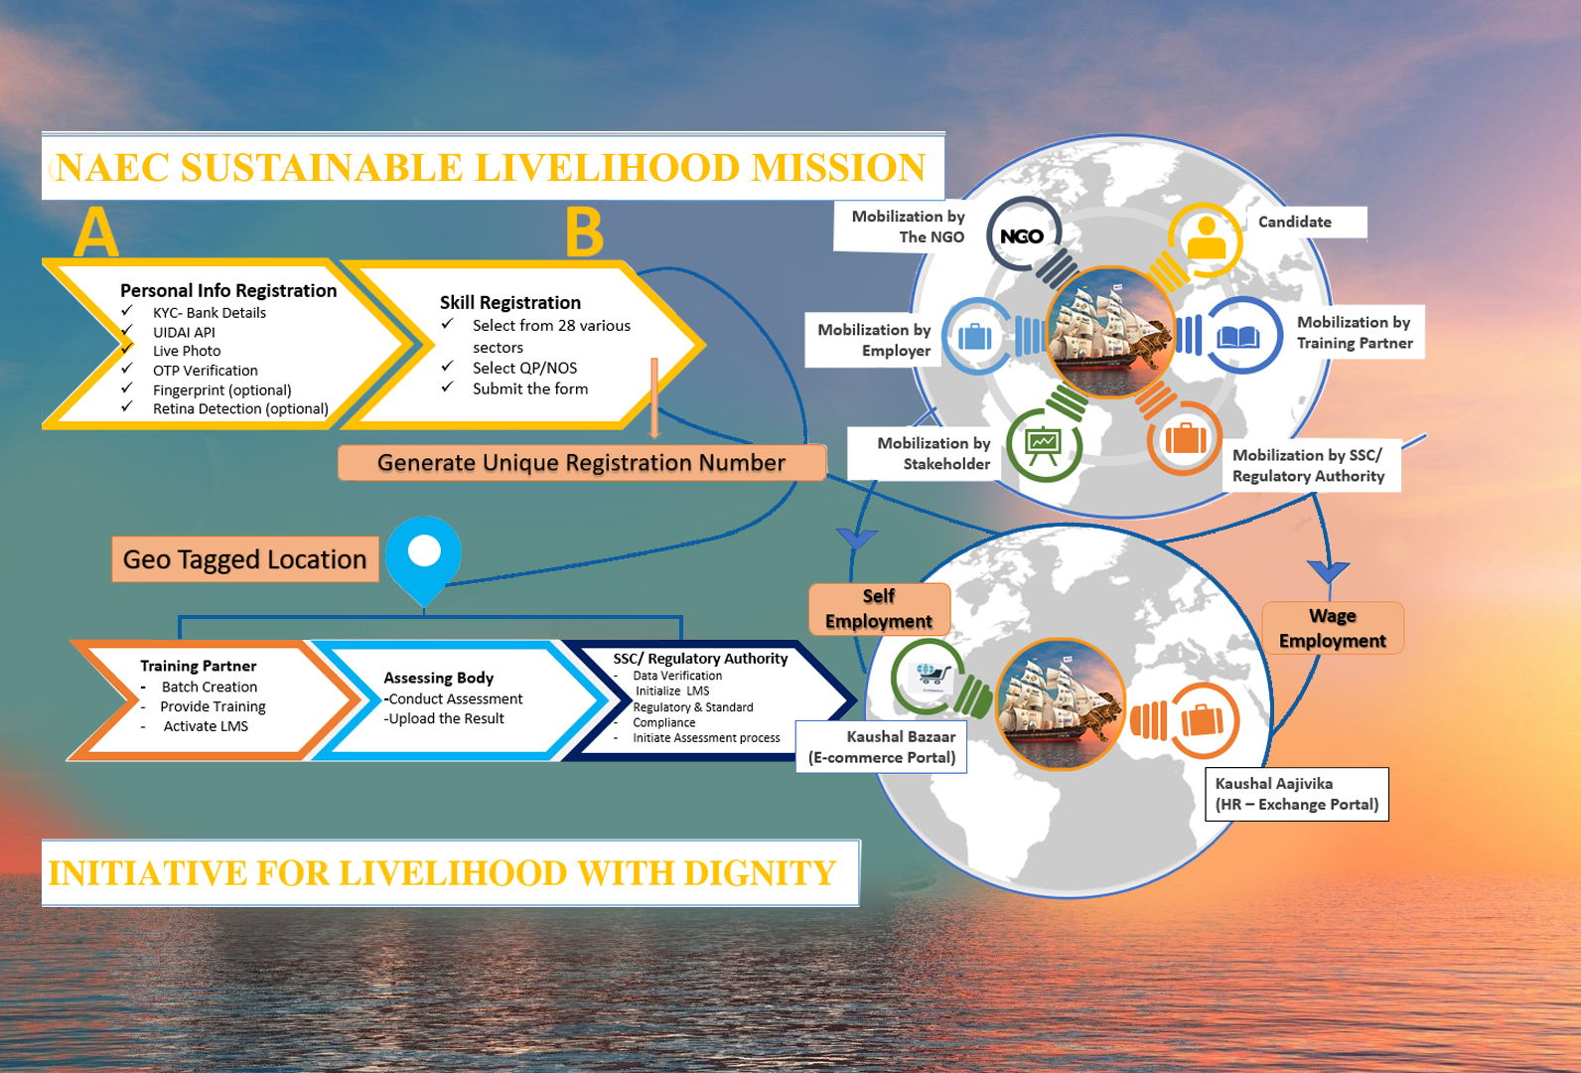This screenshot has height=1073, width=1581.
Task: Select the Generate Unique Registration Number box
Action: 581,463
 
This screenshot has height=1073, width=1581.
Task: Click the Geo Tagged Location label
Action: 244,559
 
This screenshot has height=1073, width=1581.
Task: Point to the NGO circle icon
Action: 1022,236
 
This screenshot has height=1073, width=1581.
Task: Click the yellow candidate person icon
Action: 1207,238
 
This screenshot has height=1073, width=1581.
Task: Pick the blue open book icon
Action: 1238,337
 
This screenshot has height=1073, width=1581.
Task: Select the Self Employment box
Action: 879,608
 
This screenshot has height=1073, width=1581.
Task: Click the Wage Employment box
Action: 1332,628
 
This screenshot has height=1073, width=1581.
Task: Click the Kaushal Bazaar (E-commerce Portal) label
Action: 882,747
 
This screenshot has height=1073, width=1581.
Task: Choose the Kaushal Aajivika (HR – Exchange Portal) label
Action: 1296,794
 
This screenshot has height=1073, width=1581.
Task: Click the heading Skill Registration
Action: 510,302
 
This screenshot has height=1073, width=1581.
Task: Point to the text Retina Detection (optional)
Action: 240,408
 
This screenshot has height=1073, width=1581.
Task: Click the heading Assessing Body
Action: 438,678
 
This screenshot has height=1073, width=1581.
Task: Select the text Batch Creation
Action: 210,687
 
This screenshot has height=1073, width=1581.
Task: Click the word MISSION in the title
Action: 838,167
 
